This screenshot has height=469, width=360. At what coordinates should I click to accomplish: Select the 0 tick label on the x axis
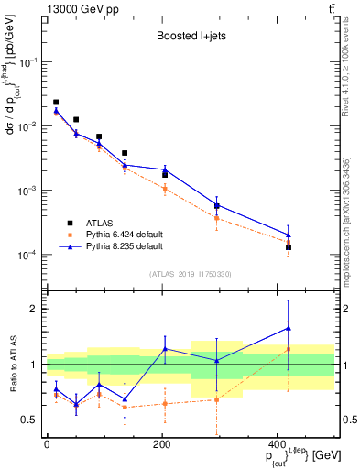point(47,444)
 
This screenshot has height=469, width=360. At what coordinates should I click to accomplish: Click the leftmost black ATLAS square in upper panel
point(56,103)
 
